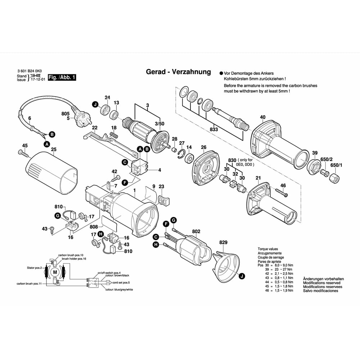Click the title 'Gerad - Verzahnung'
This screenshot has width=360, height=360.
178,72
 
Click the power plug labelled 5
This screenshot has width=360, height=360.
81,121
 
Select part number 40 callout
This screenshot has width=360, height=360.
262,117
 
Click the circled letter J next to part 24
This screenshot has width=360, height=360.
95,104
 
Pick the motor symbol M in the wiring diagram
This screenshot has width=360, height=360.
55,272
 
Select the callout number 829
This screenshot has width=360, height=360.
223,242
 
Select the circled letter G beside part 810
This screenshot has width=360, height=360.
57,216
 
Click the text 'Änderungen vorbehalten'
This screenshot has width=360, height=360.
323,279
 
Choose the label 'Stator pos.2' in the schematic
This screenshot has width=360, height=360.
35,267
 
